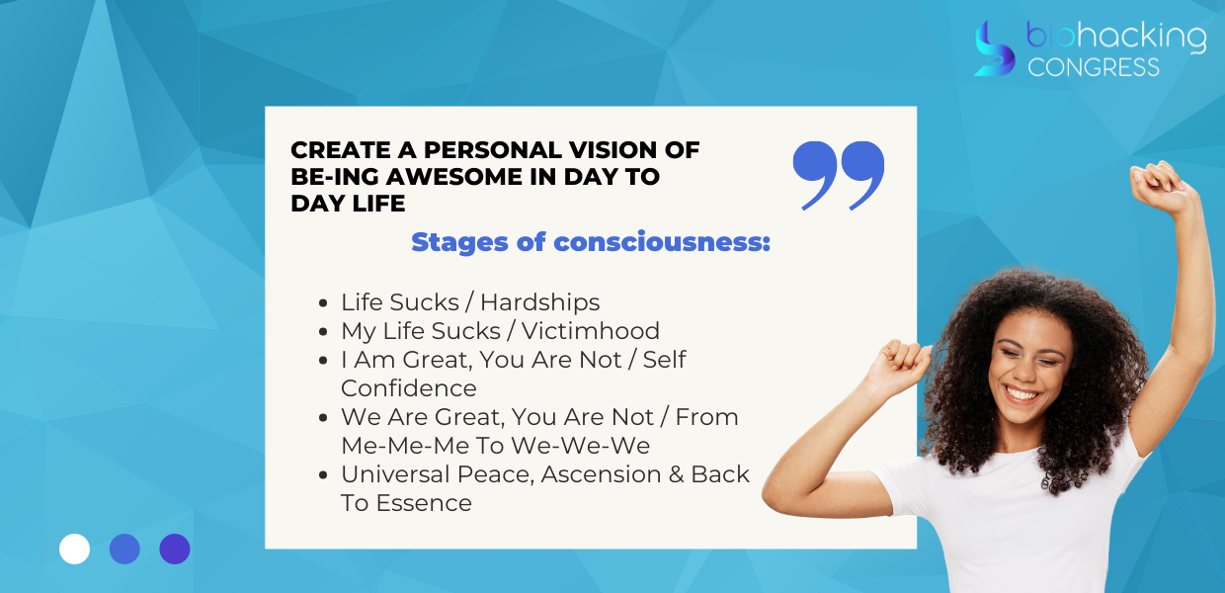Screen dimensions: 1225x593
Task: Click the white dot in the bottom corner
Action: pyautogui.click(x=74, y=549)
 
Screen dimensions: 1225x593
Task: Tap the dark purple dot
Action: pyautogui.click(x=175, y=549)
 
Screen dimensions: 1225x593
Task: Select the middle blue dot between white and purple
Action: pyautogui.click(x=124, y=549)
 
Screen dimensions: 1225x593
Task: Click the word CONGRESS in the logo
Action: pyautogui.click(x=1094, y=67)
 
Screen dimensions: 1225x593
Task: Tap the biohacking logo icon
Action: pyautogui.click(x=995, y=48)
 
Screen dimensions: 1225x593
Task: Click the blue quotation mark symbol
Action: pyautogui.click(x=839, y=175)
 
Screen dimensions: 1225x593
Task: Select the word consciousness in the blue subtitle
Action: pyautogui.click(x=662, y=242)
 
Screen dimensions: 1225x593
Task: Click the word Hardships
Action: pyautogui.click(x=539, y=302)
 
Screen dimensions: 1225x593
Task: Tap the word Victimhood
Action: pyautogui.click(x=590, y=331)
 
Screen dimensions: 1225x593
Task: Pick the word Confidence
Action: pyautogui.click(x=409, y=388)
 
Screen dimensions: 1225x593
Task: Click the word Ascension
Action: pyautogui.click(x=601, y=474)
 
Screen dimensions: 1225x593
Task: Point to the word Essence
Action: pyautogui.click(x=424, y=503)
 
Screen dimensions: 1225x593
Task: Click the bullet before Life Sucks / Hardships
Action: pyautogui.click(x=323, y=303)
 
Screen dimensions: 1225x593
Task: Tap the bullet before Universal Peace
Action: pyautogui.click(x=323, y=475)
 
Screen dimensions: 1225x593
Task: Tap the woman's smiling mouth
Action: pyautogui.click(x=1021, y=394)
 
